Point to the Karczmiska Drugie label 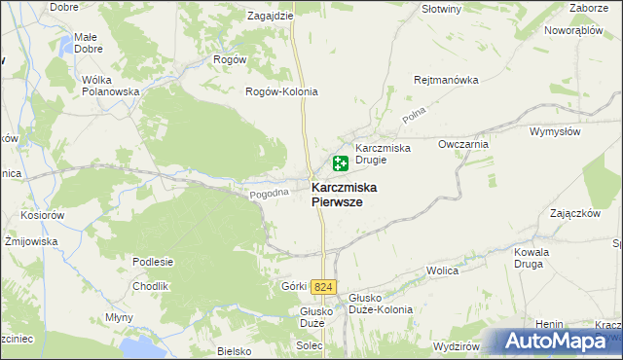coord(384,154)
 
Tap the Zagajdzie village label coord(271,17)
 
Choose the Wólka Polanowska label coord(113,85)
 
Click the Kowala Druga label coord(533,257)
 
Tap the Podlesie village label coord(154,262)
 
